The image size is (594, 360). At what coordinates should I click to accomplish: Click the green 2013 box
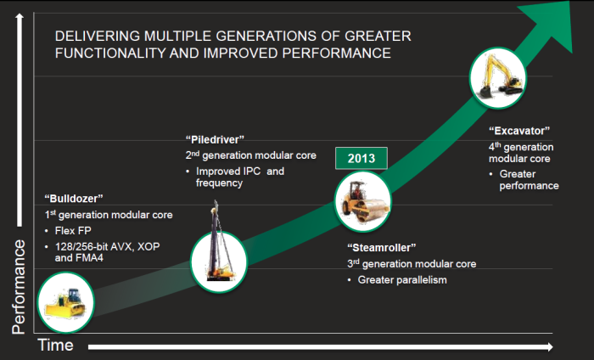coord(361,158)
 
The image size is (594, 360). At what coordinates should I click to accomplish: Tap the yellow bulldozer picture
coord(65,302)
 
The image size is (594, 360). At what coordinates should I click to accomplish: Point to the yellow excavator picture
coord(500,77)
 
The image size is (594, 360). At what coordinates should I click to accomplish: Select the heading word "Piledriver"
coord(216,139)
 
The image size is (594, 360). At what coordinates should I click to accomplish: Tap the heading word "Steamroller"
coord(381,248)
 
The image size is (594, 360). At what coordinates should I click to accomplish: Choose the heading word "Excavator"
coord(519,131)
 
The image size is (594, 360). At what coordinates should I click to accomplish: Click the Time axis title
coord(55,346)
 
